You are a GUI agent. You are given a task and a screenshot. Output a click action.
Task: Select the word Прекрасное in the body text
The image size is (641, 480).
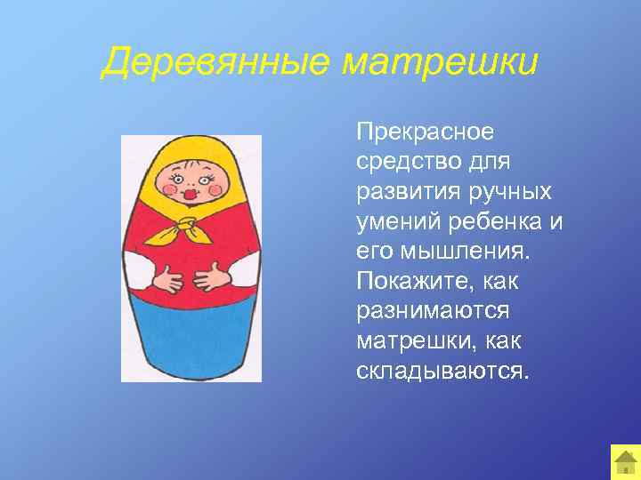(x=424, y=132)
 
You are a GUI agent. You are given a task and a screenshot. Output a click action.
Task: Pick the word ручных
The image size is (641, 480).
(x=511, y=193)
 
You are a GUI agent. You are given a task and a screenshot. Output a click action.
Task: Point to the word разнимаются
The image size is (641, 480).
(x=432, y=312)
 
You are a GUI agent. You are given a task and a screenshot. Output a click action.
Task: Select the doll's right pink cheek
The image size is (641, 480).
(x=213, y=188)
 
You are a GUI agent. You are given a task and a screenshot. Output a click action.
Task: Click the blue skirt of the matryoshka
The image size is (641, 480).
(x=191, y=342)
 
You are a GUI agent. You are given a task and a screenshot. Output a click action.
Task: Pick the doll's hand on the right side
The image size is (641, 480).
(x=215, y=281)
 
